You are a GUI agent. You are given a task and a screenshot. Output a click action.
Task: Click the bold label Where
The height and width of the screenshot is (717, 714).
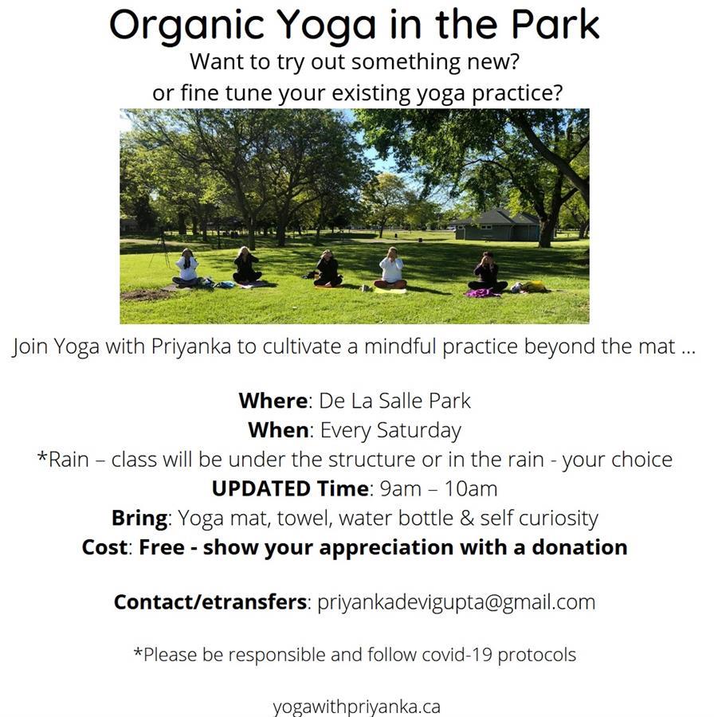click(273, 400)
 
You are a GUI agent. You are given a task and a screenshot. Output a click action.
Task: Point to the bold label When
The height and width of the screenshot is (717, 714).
click(278, 430)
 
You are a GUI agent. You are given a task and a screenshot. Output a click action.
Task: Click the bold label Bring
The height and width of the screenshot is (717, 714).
click(139, 518)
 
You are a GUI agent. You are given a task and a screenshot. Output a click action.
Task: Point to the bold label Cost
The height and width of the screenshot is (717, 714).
click(104, 548)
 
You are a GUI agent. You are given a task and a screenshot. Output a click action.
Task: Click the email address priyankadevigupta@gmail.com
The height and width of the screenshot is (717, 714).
click(456, 601)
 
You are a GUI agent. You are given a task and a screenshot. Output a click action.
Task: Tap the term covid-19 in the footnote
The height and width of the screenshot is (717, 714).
click(463, 655)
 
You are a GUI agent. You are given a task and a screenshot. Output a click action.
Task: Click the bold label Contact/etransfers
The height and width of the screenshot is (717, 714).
click(210, 601)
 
